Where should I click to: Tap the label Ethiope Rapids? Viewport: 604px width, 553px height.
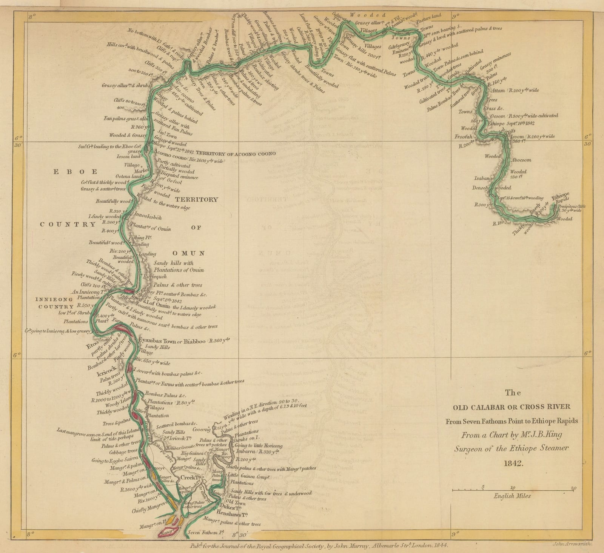click(x=560, y=198)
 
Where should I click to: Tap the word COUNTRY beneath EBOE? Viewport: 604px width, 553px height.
click(x=68, y=224)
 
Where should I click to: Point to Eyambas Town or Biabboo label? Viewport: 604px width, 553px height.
click(x=172, y=341)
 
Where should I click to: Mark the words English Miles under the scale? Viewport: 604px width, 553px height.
click(x=512, y=496)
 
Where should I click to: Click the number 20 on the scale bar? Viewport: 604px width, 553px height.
click(x=573, y=488)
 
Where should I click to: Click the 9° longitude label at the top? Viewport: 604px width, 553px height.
click(x=455, y=16)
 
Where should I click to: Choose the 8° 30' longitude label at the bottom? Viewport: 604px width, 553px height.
click(x=240, y=535)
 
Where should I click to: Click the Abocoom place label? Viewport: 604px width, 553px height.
click(x=521, y=160)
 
